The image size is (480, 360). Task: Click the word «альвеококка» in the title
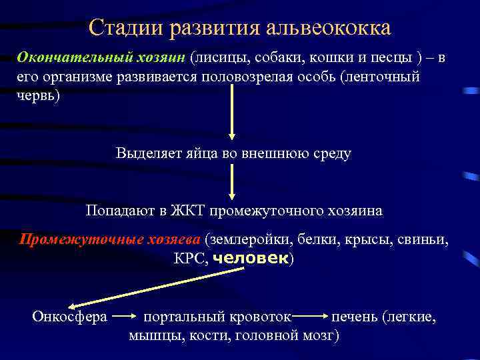(328, 29)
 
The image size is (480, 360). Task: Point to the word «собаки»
(275, 57)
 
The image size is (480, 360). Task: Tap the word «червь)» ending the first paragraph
(38, 95)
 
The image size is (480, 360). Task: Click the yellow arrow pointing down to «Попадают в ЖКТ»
(231, 181)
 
